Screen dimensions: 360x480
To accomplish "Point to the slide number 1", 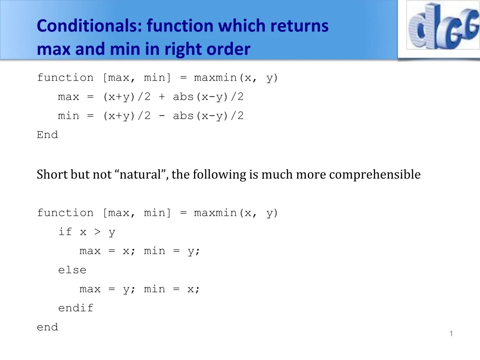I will point(451,333).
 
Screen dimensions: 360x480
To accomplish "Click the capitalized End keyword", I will point(47,135).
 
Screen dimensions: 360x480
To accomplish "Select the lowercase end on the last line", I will point(47,327).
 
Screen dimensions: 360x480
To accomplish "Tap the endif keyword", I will point(75,308).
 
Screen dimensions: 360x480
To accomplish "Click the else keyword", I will point(72,270).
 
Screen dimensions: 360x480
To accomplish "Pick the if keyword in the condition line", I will point(65,232).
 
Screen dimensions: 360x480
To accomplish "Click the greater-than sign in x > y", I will point(97,232).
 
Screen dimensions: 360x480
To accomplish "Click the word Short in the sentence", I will point(52,175).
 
